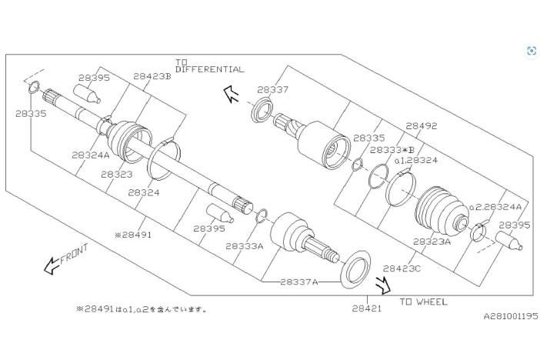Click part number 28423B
pos(152,76)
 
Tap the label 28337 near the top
pos(272,90)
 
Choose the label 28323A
pos(432,241)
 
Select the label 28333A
pos(245,246)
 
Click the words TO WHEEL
pos(423,302)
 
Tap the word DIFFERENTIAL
pos(210,69)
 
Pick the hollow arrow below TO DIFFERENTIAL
pos(230,94)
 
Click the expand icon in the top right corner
pos(531,51)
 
